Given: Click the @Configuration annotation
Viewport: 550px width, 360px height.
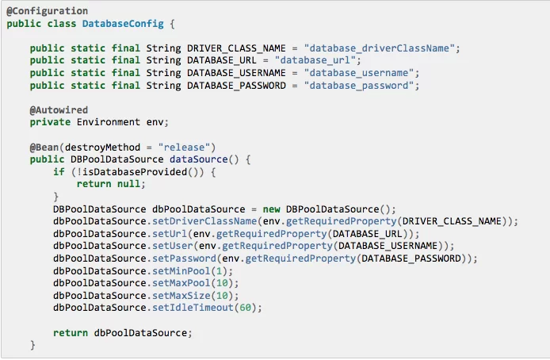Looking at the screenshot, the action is pyautogui.click(x=48, y=11).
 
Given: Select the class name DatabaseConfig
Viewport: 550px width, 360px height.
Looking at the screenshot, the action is pyautogui.click(x=123, y=24).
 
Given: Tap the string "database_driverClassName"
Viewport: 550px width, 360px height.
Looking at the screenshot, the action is pyautogui.click(x=379, y=48).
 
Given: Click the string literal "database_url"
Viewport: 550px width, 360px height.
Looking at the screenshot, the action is pyautogui.click(x=315, y=60).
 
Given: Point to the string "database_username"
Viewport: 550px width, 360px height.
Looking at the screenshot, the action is pyautogui.click(x=359, y=73).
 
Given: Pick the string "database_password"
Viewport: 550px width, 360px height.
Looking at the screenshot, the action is pyautogui.click(x=359, y=86).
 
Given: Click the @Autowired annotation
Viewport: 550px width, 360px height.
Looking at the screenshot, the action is pyautogui.click(x=59, y=110).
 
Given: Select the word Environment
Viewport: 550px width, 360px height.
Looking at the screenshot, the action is pyautogui.click(x=109, y=122).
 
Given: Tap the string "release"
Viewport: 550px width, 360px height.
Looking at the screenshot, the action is pyautogui.click(x=184, y=147).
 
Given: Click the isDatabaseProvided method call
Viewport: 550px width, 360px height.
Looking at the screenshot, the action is pyautogui.click(x=135, y=172).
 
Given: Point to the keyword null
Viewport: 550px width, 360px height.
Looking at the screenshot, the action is pyautogui.click(x=128, y=184).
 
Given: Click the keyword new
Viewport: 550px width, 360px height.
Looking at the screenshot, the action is pyautogui.click(x=272, y=209).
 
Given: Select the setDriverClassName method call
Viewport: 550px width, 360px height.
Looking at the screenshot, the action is pyautogui.click(x=204, y=221).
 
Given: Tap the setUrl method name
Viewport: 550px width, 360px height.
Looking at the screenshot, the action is pyautogui.click(x=170, y=234).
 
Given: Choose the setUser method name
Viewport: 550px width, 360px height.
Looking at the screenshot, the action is pyautogui.click(x=173, y=246).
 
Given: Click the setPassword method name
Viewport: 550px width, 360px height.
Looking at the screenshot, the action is pyautogui.click(x=184, y=259).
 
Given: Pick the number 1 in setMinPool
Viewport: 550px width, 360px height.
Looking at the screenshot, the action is pyautogui.click(x=220, y=271).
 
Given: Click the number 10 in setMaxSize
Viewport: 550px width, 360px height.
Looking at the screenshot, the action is pyautogui.click(x=222, y=296).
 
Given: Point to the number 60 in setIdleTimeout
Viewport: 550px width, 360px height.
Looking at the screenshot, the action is pyautogui.click(x=245, y=308).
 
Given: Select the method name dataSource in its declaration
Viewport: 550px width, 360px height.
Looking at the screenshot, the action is pyautogui.click(x=199, y=159).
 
